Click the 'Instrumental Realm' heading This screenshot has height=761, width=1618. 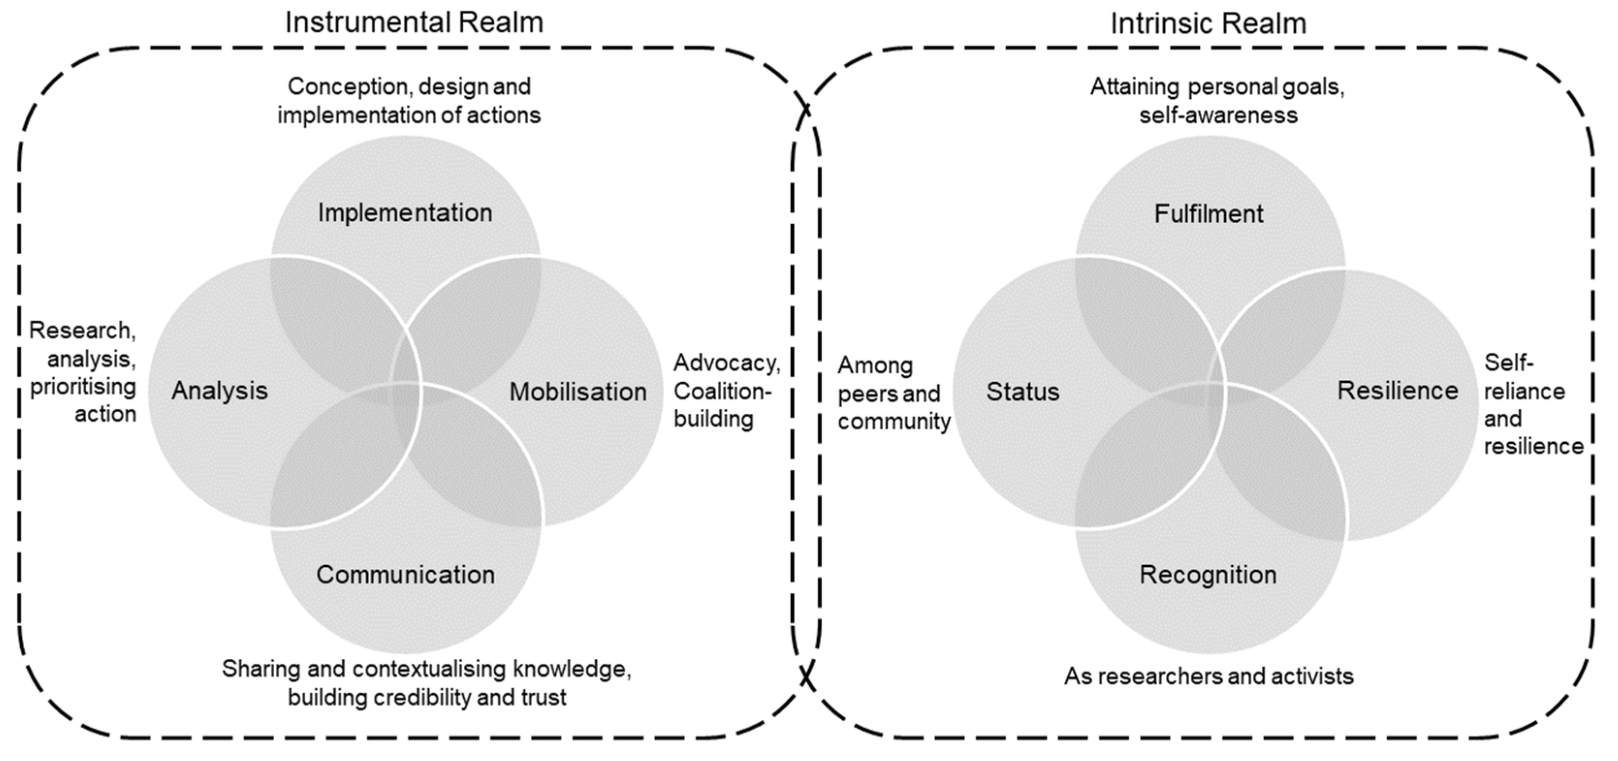pyautogui.click(x=414, y=23)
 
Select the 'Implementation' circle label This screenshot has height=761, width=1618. pyautogui.click(x=405, y=213)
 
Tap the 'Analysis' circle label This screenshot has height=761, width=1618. pyautogui.click(x=220, y=390)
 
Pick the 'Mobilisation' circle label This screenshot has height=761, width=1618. pyautogui.click(x=578, y=392)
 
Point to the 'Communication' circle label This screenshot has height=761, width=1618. pyautogui.click(x=406, y=575)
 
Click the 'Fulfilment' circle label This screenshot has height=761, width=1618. pyautogui.click(x=1209, y=214)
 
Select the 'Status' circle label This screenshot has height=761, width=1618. pyautogui.click(x=1022, y=392)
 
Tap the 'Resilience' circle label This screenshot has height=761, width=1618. pyautogui.click(x=1398, y=390)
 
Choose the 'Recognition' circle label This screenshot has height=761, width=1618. pyautogui.click(x=1208, y=575)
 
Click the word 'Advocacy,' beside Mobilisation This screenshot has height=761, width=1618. pyautogui.click(x=727, y=363)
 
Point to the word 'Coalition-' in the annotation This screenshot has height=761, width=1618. pyautogui.click(x=723, y=391)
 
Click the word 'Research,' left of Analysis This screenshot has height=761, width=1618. pyautogui.click(x=82, y=330)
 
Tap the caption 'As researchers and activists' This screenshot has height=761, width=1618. pyautogui.click(x=1209, y=676)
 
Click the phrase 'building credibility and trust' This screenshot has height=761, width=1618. pyautogui.click(x=427, y=697)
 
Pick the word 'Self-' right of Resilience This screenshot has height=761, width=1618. pyautogui.click(x=1508, y=362)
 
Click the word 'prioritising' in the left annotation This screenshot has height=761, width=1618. pyautogui.click(x=83, y=386)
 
